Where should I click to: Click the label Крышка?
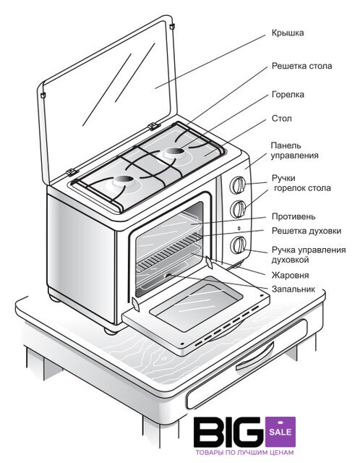(288, 33)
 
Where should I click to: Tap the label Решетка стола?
(301, 66)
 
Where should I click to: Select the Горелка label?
(288, 95)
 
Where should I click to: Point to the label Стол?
(281, 119)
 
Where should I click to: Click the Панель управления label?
(294, 150)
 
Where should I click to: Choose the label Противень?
(293, 216)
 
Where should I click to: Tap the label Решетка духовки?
(307, 231)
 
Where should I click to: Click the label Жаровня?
(290, 275)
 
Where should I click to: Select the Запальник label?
(293, 289)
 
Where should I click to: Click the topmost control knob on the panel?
(238, 185)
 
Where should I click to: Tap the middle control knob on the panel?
(238, 209)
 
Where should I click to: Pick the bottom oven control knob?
(238, 245)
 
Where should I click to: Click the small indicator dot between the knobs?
(239, 228)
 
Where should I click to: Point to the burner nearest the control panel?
(174, 152)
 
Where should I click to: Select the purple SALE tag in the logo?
(280, 432)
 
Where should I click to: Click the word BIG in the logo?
(228, 432)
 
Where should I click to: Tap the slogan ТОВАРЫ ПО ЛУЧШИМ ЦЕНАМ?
(244, 452)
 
